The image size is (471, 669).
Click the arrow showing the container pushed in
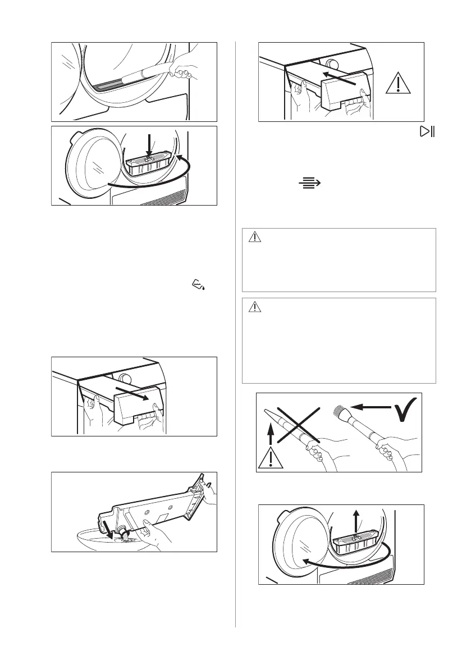[x=342, y=77]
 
